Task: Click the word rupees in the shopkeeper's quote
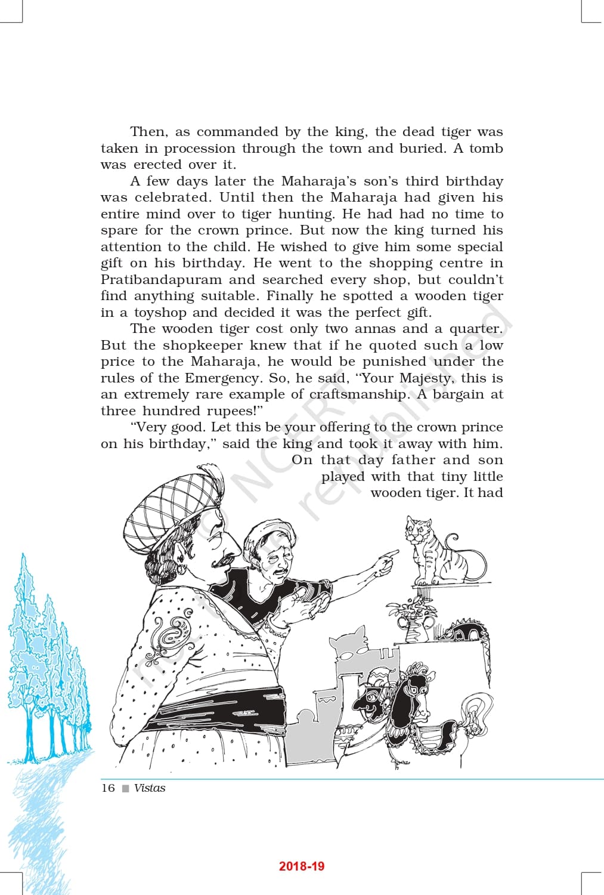coord(230,411)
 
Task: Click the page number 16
coord(108,788)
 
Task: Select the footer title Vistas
coord(150,788)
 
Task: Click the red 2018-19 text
coord(302,866)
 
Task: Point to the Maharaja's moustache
coord(222,560)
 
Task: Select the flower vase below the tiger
coord(415,624)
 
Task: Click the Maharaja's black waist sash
coord(221,710)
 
